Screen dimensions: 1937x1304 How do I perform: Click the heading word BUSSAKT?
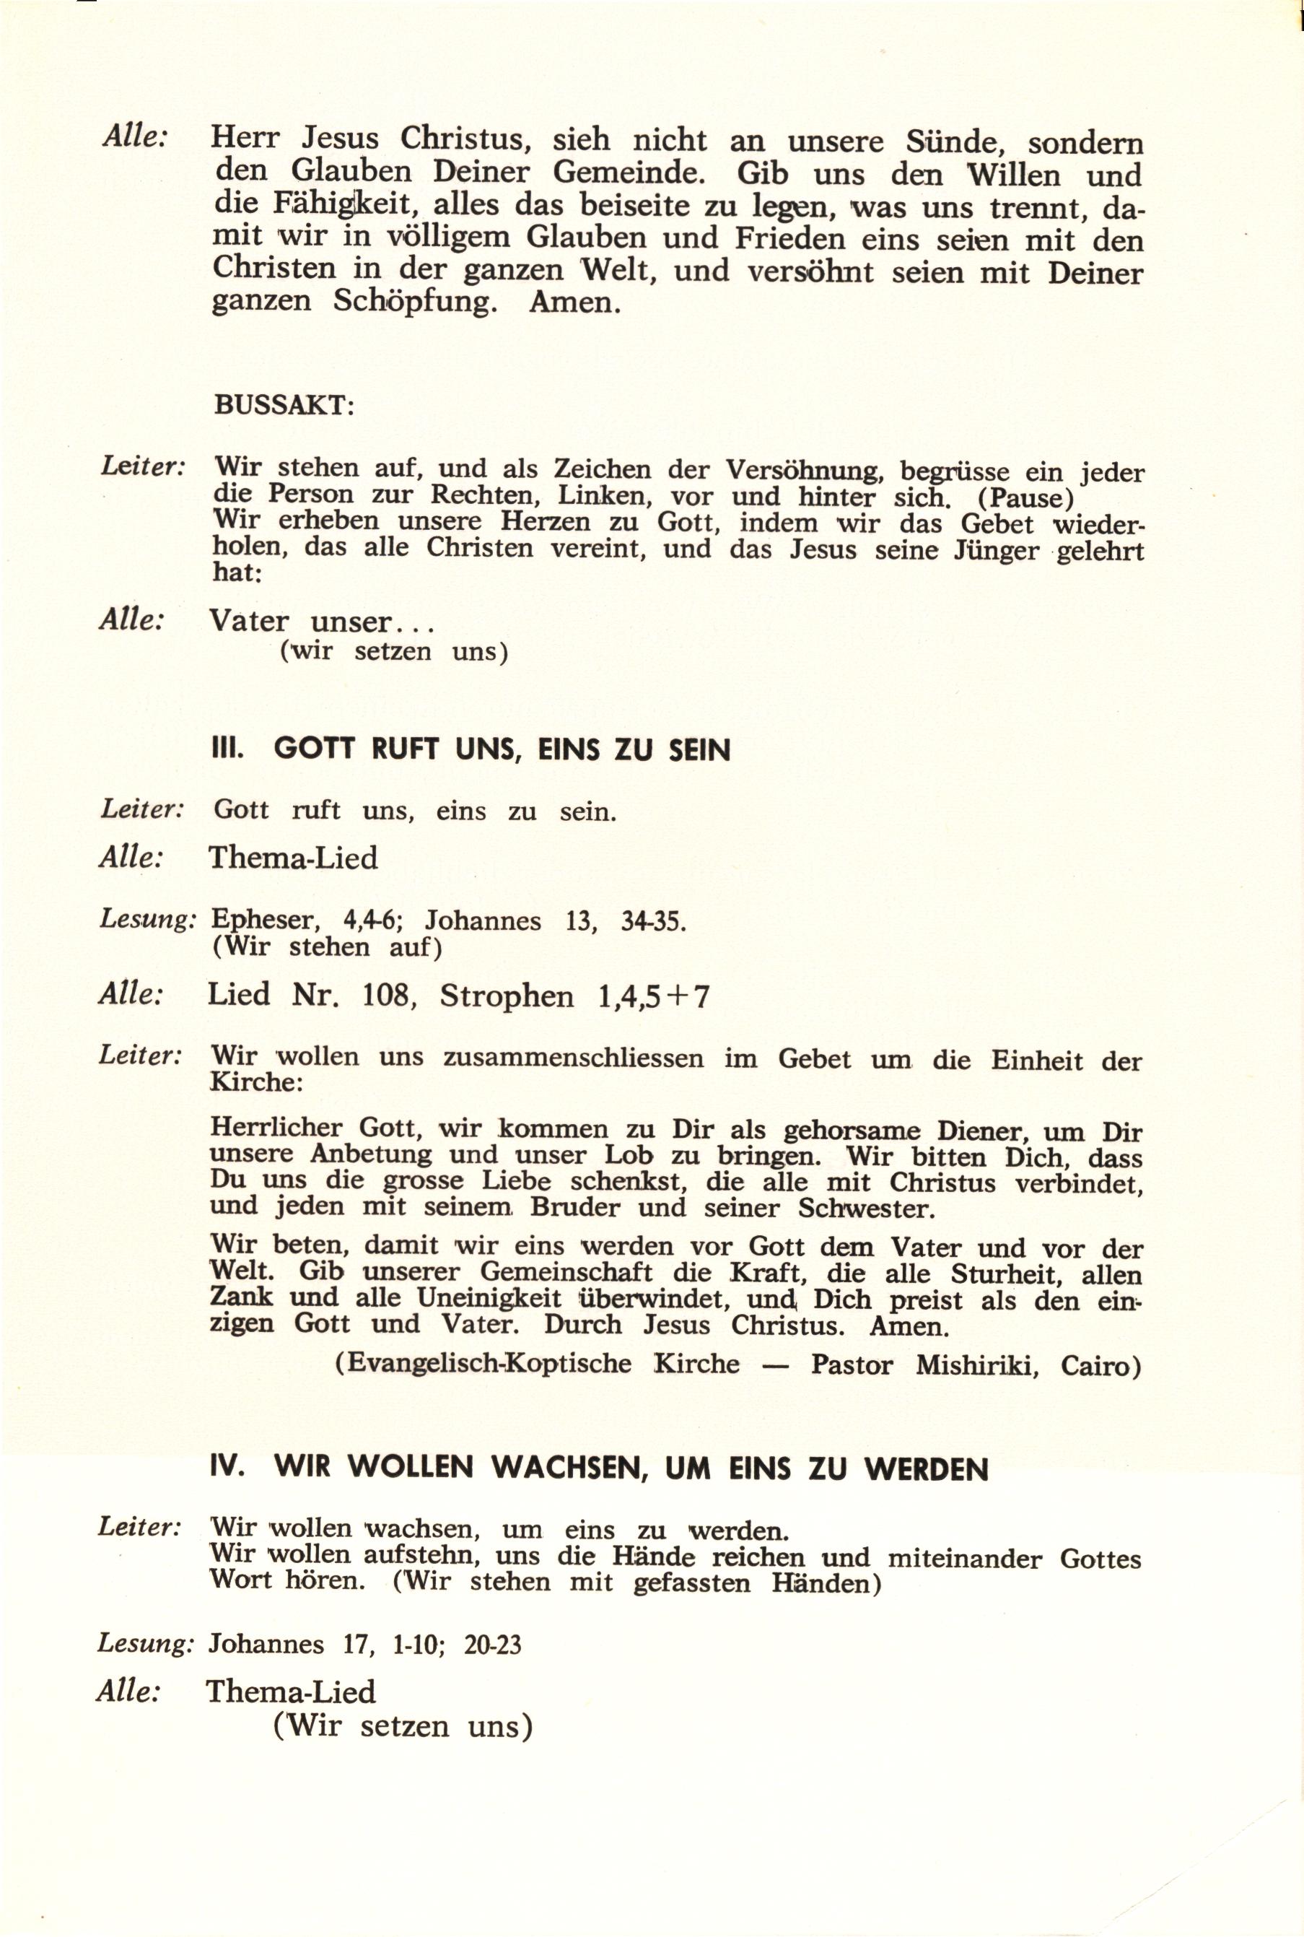pyautogui.click(x=284, y=405)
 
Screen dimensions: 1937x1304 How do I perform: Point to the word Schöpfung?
pyautogui.click(x=415, y=300)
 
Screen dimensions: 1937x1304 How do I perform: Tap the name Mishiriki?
pyautogui.click(x=977, y=1365)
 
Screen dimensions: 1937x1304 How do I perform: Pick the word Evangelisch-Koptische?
pyautogui.click(x=483, y=1364)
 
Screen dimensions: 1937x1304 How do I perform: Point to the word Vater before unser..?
pyautogui.click(x=249, y=621)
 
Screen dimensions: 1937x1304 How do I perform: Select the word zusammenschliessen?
pyautogui.click(x=573, y=1058)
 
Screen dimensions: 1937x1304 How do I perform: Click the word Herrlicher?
pyautogui.click(x=276, y=1128)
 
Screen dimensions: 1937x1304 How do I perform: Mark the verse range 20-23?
pyautogui.click(x=493, y=1645)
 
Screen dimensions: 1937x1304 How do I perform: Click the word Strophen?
pyautogui.click(x=507, y=996)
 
